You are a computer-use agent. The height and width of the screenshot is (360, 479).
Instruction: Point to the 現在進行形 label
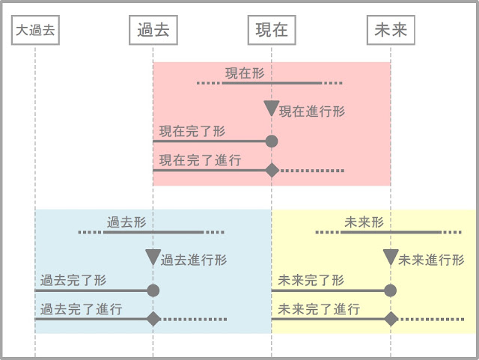312,112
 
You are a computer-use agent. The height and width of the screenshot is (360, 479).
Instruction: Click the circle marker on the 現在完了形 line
272,141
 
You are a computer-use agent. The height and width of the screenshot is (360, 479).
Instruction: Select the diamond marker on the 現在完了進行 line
272,171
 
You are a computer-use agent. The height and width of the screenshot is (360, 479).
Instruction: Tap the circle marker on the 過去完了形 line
153,290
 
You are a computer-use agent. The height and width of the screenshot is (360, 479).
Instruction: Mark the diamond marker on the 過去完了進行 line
153,319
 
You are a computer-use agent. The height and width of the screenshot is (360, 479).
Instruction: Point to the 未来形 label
364,222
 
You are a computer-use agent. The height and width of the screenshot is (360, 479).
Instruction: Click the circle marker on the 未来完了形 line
390,290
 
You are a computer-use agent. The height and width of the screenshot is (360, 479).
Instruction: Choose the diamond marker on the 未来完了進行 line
390,319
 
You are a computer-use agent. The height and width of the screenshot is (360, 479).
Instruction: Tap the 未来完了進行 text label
319,309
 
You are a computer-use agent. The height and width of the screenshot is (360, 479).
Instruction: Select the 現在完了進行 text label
200,160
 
